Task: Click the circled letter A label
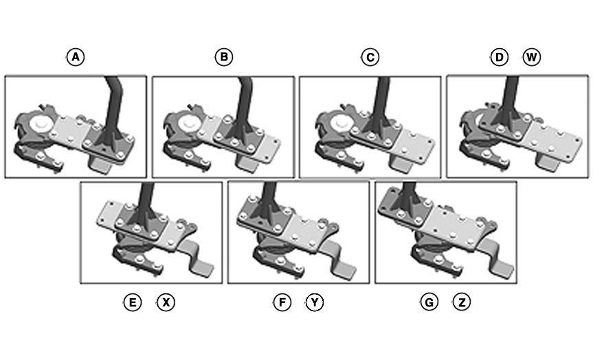tap(76, 57)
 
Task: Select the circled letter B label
tap(223, 57)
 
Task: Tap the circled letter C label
tap(370, 57)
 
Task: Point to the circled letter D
tap(499, 57)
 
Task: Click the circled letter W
tap(531, 57)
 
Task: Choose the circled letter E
tap(133, 302)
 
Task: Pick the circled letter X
tap(166, 302)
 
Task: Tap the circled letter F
tap(282, 302)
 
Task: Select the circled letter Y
tap(315, 302)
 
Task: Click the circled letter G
tap(429, 302)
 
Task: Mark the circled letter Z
tap(462, 302)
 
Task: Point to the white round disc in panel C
tap(338, 124)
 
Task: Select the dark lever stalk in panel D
tap(510, 96)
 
